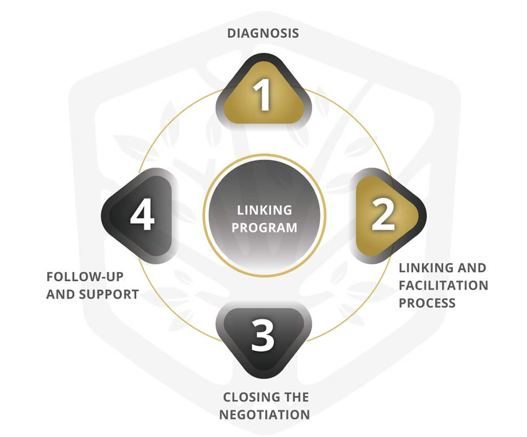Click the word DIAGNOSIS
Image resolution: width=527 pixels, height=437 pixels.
263,34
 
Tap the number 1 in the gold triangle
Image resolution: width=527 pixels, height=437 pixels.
264,96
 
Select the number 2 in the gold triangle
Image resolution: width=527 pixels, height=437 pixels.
383,215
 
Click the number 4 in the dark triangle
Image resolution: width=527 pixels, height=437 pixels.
142,216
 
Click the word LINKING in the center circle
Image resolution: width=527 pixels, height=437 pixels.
264,210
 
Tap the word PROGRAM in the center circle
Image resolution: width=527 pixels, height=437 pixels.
264,228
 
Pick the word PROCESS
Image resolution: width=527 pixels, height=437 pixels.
427,303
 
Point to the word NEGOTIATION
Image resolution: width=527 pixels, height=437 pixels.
264,414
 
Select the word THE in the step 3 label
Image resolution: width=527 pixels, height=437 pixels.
295,397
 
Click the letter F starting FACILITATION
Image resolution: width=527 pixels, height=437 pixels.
402,285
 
